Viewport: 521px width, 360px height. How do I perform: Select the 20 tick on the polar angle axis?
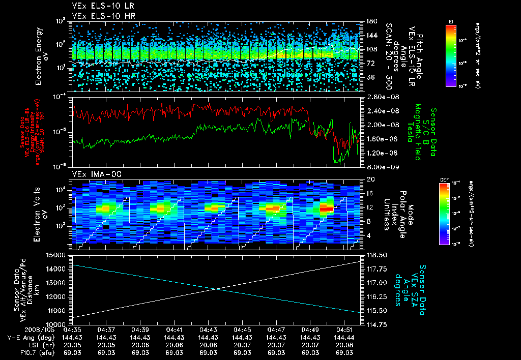(x=368, y=179)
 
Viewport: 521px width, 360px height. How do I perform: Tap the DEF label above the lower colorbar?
(x=444, y=179)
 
